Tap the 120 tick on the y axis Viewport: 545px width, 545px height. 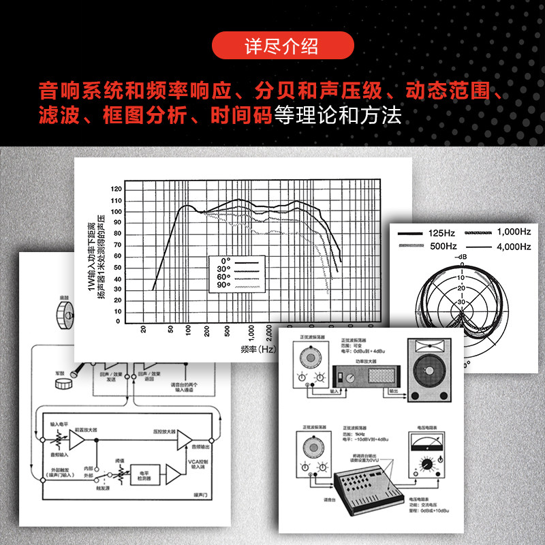[x=116, y=189]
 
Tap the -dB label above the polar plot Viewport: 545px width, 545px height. [x=461, y=257]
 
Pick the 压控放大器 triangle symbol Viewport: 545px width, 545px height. [x=184, y=441]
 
